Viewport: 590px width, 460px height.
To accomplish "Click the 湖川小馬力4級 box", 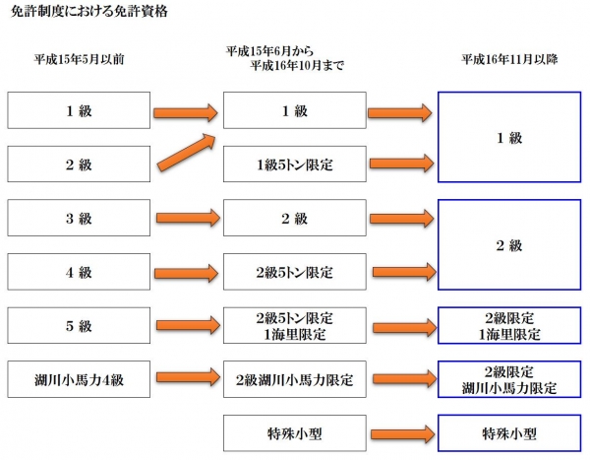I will point(79,378).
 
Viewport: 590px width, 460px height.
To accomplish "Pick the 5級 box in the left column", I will point(79,325).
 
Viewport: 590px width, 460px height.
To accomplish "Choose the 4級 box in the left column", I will point(79,271).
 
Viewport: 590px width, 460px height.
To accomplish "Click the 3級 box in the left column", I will point(79,218).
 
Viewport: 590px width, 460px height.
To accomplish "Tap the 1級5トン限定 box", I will point(294,164).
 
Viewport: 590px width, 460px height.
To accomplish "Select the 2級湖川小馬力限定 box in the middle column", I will point(294,378).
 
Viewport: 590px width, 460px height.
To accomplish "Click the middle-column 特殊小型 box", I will point(294,431).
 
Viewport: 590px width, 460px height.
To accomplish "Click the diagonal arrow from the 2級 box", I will point(187,151).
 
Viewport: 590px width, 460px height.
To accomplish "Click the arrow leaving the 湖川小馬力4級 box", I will point(187,377).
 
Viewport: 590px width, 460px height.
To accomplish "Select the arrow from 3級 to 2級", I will point(187,218).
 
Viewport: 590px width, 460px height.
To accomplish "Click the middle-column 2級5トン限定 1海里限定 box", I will point(294,326).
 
